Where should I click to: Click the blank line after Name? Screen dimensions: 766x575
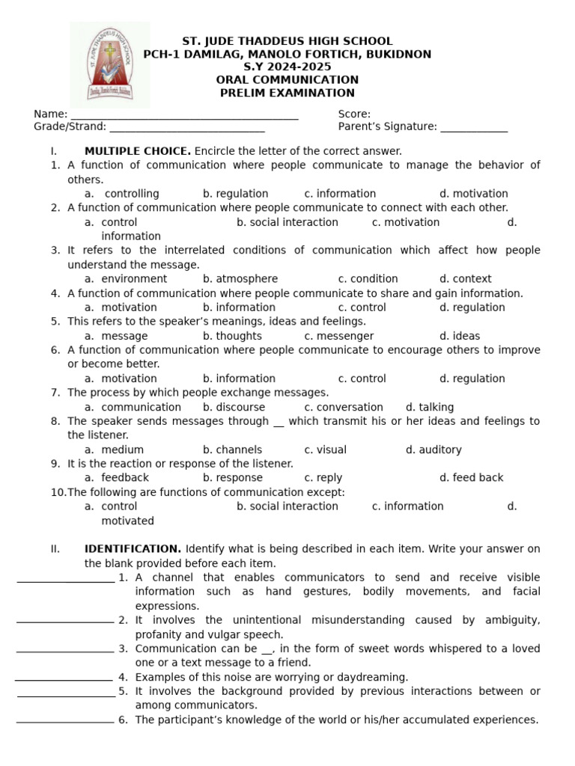(x=183, y=117)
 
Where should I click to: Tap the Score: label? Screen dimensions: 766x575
(x=354, y=114)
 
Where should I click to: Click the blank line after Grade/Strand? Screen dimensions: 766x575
(x=177, y=130)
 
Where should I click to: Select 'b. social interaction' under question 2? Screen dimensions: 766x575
(x=287, y=222)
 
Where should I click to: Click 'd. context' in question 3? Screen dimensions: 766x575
(x=465, y=279)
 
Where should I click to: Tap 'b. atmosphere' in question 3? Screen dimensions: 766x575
(x=240, y=279)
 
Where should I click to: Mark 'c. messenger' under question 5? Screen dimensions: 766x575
(x=338, y=336)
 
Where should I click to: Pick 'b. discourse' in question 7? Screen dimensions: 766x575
(x=234, y=407)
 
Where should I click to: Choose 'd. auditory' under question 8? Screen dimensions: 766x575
(x=433, y=450)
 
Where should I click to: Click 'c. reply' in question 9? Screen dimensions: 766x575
(x=323, y=478)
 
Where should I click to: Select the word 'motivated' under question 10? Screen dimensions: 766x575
(x=127, y=521)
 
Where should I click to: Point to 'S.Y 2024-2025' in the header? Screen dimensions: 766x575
(x=287, y=67)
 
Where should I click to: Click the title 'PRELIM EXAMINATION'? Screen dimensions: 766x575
(x=287, y=93)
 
